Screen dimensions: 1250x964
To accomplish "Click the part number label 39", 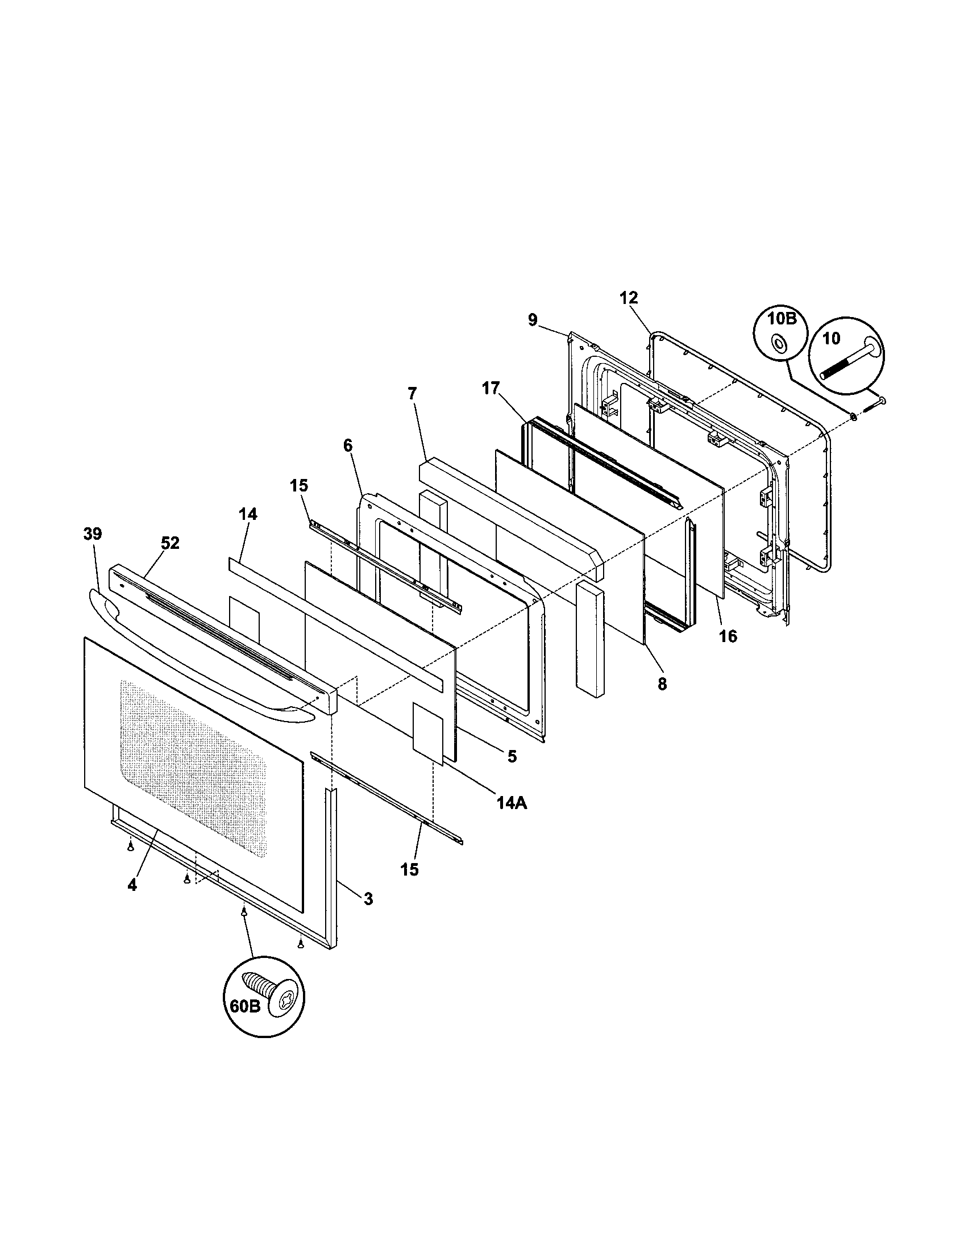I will point(92,534).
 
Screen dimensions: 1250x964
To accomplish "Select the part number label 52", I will point(169,543).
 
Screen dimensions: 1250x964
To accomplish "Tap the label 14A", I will point(511,803).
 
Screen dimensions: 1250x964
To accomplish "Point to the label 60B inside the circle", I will point(246,1006).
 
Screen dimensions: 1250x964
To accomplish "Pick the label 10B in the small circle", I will point(782,319).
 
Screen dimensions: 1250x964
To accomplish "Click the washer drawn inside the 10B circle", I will point(779,343).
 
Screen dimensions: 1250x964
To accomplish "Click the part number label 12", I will point(629,298).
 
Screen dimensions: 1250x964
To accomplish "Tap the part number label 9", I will point(533,320).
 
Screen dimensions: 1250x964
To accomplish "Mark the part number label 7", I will point(412,393).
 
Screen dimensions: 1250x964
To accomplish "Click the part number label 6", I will point(348,445).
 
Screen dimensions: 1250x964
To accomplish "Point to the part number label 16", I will point(728,636).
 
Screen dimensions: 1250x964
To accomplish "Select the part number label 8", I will point(662,684).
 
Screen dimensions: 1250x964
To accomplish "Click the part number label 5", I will point(512,757).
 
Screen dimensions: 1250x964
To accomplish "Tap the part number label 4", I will point(132,885).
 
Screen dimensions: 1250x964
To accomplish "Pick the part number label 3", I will point(368,899).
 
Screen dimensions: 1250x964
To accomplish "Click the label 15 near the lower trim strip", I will point(410,869).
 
